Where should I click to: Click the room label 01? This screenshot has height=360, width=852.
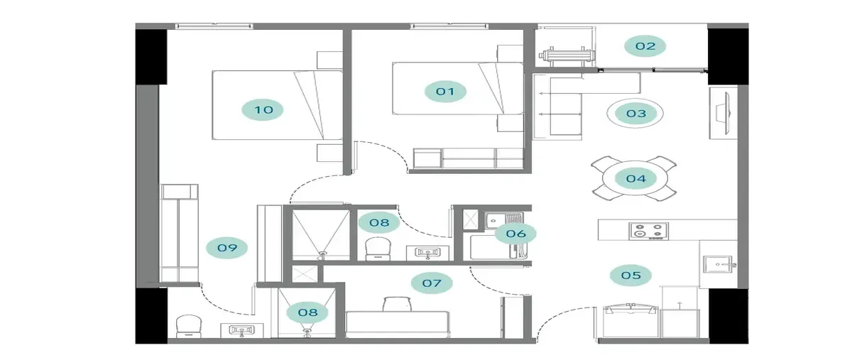[445, 92]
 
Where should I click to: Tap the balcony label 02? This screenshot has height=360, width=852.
[645, 46]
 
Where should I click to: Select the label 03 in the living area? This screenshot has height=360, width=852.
[636, 114]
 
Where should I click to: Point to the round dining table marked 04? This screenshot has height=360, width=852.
[635, 178]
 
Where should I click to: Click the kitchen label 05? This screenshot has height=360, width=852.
[630, 275]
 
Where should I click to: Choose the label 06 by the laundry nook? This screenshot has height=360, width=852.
[515, 234]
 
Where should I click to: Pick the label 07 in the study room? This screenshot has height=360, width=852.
[432, 283]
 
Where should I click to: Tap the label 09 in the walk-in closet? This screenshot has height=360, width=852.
[226, 248]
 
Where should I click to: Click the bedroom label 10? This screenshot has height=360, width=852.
[263, 109]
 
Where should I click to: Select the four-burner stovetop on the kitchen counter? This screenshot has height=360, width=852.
[648, 231]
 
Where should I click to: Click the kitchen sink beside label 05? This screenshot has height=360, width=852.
[719, 264]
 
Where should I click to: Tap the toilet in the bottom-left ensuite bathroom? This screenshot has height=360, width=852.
[189, 326]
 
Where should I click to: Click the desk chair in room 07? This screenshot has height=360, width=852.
[398, 304]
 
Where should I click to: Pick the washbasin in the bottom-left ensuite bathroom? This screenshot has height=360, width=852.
[242, 331]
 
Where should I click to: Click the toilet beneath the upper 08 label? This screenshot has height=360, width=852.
[378, 249]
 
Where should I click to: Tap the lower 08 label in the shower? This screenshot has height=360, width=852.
[307, 312]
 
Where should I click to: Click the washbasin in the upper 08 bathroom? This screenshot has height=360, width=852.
[427, 253]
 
